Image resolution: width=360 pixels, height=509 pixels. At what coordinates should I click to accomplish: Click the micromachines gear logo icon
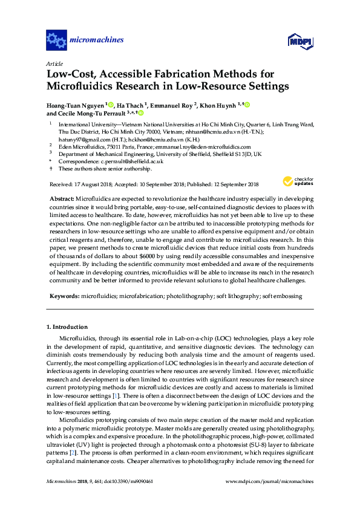pyautogui.click(x=56, y=41)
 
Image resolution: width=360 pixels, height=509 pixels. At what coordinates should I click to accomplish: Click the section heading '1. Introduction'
pyautogui.click(x=67, y=327)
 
